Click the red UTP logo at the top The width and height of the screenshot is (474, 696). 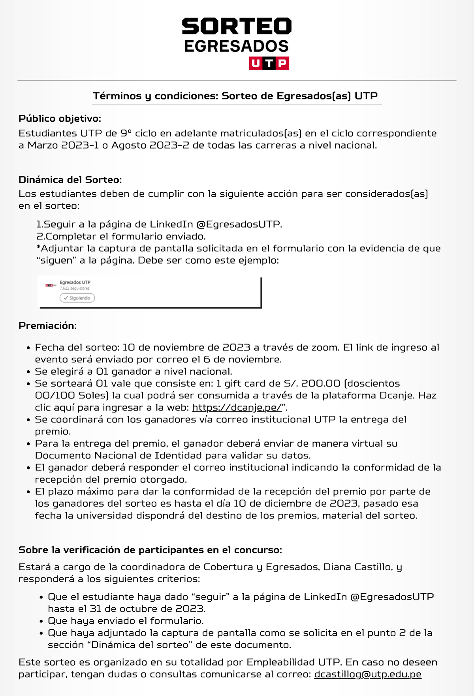coord(269,63)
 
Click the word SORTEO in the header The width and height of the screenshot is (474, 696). coord(237,27)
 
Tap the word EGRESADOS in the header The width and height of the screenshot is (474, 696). coord(236,47)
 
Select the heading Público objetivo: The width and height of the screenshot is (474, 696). coord(60,119)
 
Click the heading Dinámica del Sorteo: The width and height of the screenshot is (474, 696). coord(70,180)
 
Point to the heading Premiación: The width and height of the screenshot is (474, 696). coord(47,326)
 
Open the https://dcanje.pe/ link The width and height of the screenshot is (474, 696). coord(237,407)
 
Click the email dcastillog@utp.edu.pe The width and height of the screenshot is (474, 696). coord(368,674)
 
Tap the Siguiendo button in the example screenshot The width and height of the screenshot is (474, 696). coord(77,298)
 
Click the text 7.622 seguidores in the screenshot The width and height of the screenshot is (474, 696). coord(75,289)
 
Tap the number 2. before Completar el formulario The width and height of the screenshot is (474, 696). coord(41,237)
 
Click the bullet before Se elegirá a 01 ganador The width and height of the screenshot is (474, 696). coord(28,372)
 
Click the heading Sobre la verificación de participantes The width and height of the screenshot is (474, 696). coord(150,550)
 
